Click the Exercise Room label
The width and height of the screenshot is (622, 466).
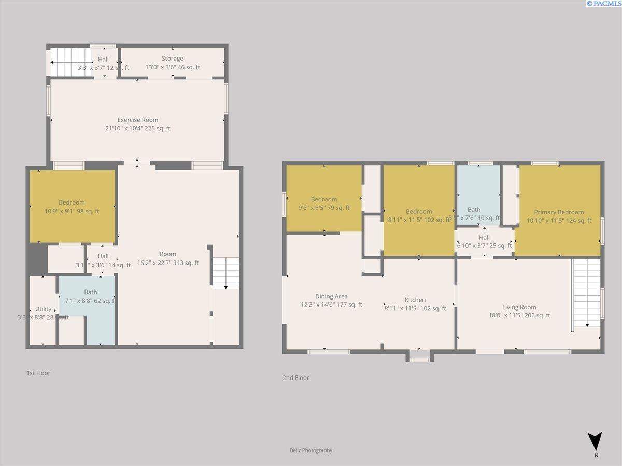(137, 120)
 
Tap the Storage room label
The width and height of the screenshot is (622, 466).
(172, 59)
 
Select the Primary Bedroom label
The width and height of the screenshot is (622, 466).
(558, 212)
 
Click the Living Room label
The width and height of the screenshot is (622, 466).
(519, 307)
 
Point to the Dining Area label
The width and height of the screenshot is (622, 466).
(331, 296)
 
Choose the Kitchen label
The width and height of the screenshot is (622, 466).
(415, 300)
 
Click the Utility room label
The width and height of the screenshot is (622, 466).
(43, 309)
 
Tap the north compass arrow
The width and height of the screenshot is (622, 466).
(596, 441)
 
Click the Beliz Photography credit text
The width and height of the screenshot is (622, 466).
(311, 450)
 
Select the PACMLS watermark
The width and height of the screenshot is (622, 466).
(603, 4)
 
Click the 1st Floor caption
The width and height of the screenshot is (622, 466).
(38, 373)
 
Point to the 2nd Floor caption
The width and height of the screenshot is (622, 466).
(295, 378)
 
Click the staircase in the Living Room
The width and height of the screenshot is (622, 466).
(587, 293)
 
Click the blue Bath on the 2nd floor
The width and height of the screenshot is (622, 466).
(477, 194)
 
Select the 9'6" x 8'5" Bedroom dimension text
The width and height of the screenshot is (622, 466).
(323, 208)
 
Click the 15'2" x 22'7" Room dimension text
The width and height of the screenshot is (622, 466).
(168, 263)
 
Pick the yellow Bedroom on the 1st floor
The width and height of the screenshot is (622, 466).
(72, 206)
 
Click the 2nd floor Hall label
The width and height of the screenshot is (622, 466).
(484, 237)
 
